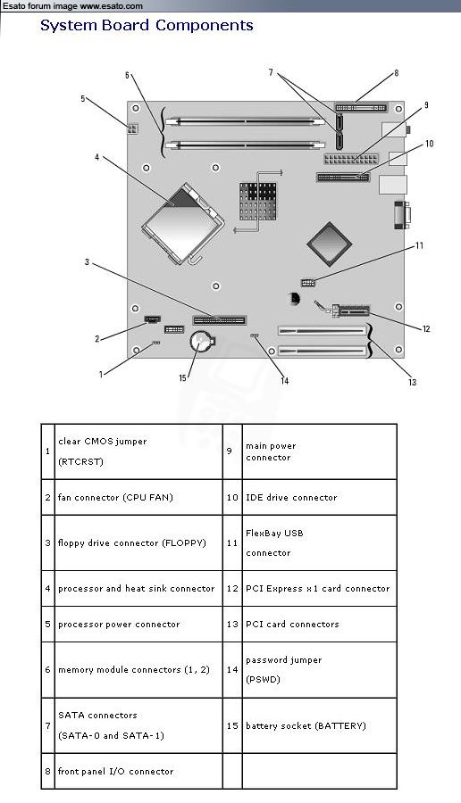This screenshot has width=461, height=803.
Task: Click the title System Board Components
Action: point(147,26)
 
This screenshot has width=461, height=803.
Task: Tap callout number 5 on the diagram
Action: point(82,98)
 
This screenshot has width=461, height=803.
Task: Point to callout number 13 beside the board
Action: point(412,382)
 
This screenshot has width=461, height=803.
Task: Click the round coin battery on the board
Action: point(200,342)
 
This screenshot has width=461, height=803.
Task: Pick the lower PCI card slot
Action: point(323,352)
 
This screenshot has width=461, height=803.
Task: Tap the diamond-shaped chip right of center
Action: point(329,244)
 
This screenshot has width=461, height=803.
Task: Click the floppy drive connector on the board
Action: point(219,320)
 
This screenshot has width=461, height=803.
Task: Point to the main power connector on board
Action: point(351,159)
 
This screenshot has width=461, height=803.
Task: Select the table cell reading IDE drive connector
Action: point(291,497)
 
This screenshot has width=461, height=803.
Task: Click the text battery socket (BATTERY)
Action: point(306,725)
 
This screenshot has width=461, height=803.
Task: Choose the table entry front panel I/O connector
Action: point(115,771)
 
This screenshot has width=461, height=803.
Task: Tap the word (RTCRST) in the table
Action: point(80,461)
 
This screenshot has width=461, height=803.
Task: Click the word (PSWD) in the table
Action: point(263,680)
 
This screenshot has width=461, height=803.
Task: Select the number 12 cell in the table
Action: point(232,589)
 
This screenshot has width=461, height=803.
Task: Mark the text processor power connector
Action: point(119,625)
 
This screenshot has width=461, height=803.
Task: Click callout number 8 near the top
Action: point(396,73)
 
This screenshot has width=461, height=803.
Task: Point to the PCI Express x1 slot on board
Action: point(351,310)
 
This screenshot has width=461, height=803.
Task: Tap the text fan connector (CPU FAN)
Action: point(115,497)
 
